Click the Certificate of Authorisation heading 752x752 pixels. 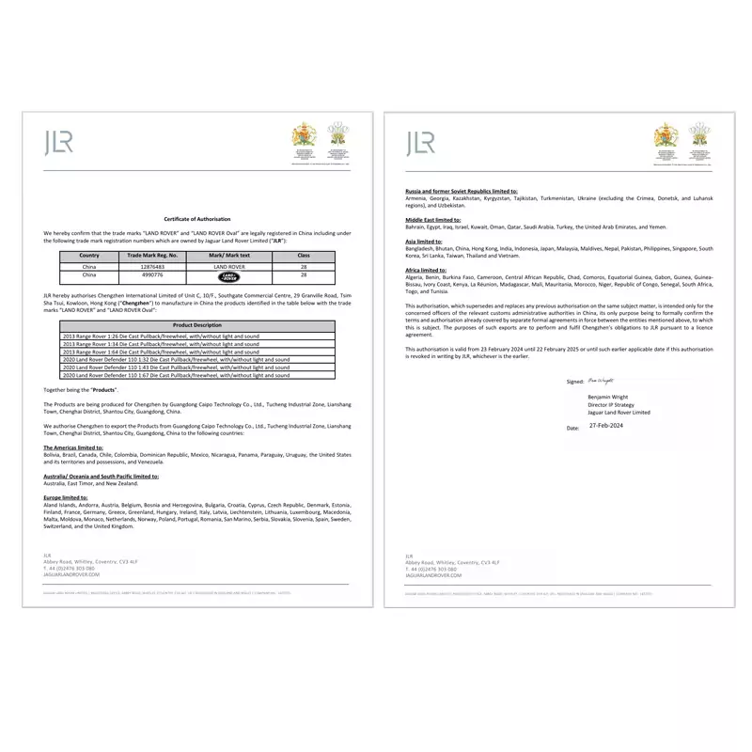(x=197, y=217)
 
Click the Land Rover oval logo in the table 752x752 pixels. (x=229, y=276)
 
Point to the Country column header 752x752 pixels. (x=89, y=255)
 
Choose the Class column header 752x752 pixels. (x=304, y=255)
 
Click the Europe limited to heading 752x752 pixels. (x=66, y=497)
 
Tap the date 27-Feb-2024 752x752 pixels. (x=606, y=426)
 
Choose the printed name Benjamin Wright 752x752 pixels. (x=609, y=398)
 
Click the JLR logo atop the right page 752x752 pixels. (x=420, y=143)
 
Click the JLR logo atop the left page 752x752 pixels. (x=57, y=143)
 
